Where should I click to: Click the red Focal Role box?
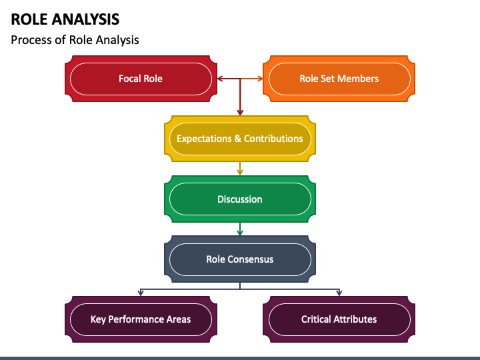[x=141, y=79]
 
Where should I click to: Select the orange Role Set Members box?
[x=339, y=79]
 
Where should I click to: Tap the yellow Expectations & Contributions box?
[x=240, y=139]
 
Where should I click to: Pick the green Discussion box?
[x=240, y=199]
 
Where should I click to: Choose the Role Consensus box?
[x=240, y=259]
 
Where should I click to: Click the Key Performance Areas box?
[x=141, y=319]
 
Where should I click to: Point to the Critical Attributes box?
[x=339, y=319]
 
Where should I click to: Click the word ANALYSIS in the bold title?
[x=90, y=19]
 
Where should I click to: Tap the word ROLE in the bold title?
[x=34, y=19]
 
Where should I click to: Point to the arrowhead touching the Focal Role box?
[x=220, y=79]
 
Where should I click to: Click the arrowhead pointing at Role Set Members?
[x=260, y=79]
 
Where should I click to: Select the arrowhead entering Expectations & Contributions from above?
[x=240, y=113]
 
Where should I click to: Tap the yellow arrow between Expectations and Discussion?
[x=240, y=169]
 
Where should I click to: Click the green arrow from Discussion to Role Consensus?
[x=240, y=229]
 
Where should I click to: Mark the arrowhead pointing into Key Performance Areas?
[x=141, y=293]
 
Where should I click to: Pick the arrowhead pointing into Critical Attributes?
[x=339, y=293]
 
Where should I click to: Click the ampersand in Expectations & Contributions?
[x=237, y=139]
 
